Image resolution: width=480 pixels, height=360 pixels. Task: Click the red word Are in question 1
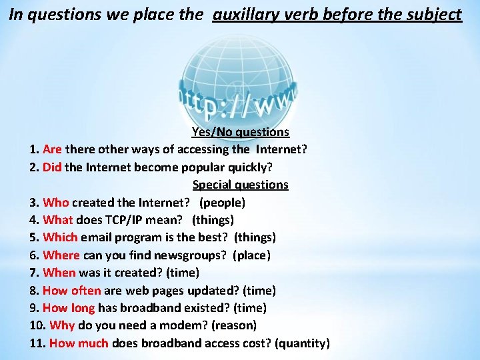52,149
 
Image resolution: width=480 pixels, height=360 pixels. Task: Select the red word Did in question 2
52,167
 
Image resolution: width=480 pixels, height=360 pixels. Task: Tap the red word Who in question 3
56,202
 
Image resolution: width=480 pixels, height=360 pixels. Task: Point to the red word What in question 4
58,219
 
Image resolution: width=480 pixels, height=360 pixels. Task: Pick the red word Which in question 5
60,237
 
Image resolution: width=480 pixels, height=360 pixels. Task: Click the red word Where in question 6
61,255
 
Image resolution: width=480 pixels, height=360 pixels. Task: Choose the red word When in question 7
59,273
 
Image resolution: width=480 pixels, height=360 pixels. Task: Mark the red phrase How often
71,291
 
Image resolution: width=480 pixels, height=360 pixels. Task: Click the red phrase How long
69,308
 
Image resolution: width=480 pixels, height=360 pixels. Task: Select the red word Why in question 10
62,325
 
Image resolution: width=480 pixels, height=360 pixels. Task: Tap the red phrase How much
79,343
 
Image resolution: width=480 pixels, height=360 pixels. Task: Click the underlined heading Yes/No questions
240,132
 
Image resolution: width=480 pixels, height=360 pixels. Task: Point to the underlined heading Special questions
240,185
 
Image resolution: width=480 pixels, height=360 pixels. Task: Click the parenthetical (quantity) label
303,343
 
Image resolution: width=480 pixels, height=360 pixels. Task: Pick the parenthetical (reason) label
233,325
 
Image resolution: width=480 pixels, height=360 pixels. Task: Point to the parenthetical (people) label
222,202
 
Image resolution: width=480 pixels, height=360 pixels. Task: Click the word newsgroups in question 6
190,255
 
